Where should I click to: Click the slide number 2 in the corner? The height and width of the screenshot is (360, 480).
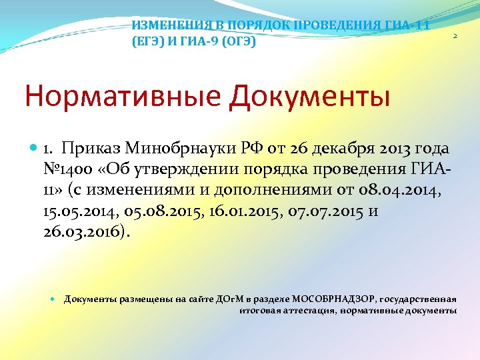point(454,36)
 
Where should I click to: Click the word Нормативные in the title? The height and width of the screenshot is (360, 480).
point(124,96)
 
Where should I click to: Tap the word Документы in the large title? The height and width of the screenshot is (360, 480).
point(309,96)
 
